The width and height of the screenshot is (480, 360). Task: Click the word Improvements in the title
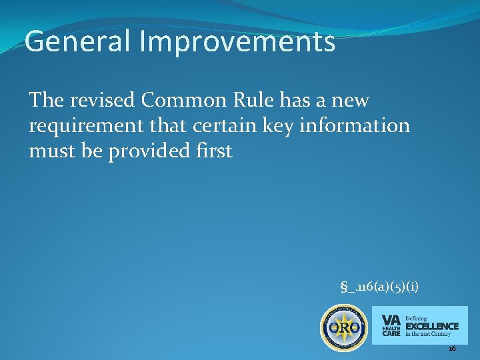pos(238,42)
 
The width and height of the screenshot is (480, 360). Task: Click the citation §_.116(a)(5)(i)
pos(379,287)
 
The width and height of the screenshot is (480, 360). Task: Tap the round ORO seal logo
pos(344,328)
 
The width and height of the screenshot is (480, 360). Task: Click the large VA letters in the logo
pos(391,319)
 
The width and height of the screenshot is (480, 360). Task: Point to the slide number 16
pos(452,349)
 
